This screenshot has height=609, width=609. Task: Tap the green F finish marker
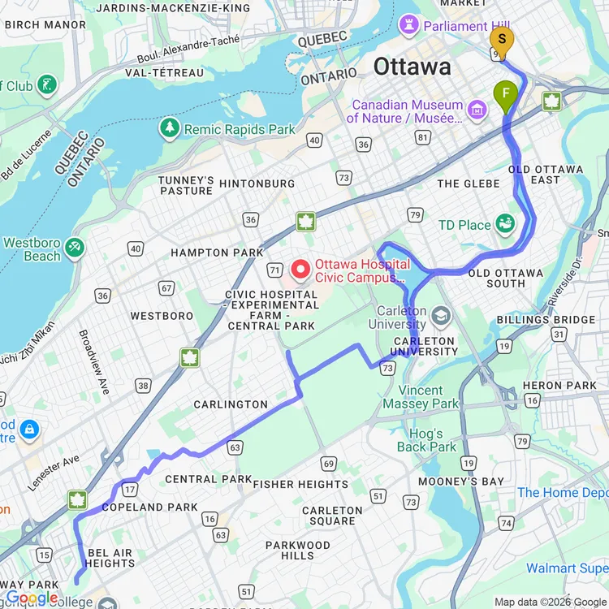tap(506, 95)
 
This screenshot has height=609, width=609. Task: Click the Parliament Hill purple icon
tap(411, 25)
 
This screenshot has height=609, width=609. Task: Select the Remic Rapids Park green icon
tap(170, 128)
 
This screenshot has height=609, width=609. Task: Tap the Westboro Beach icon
tap(75, 248)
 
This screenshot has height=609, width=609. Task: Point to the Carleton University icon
tap(441, 314)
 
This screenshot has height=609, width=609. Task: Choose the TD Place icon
tap(506, 224)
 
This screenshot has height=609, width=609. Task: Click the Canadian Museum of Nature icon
tap(477, 110)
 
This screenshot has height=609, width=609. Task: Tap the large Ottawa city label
tap(412, 66)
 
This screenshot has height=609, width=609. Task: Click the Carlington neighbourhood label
tap(231, 404)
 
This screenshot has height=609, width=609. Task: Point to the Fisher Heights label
tap(300, 484)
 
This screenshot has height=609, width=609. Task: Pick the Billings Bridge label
tap(546, 319)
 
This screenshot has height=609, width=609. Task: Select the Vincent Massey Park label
tap(432, 397)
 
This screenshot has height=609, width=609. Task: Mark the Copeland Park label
tap(149, 507)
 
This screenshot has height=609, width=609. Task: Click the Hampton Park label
tap(217, 253)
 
